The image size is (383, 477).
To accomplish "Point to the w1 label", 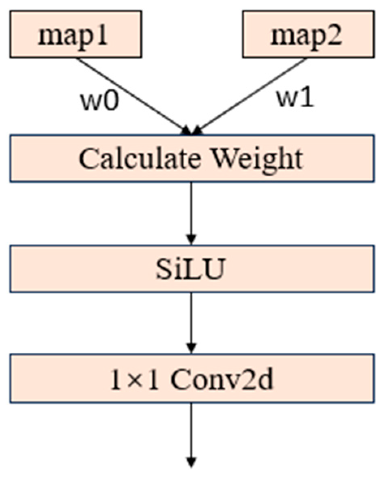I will (295, 99).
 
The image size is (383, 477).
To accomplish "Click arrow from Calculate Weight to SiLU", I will (191, 211).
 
